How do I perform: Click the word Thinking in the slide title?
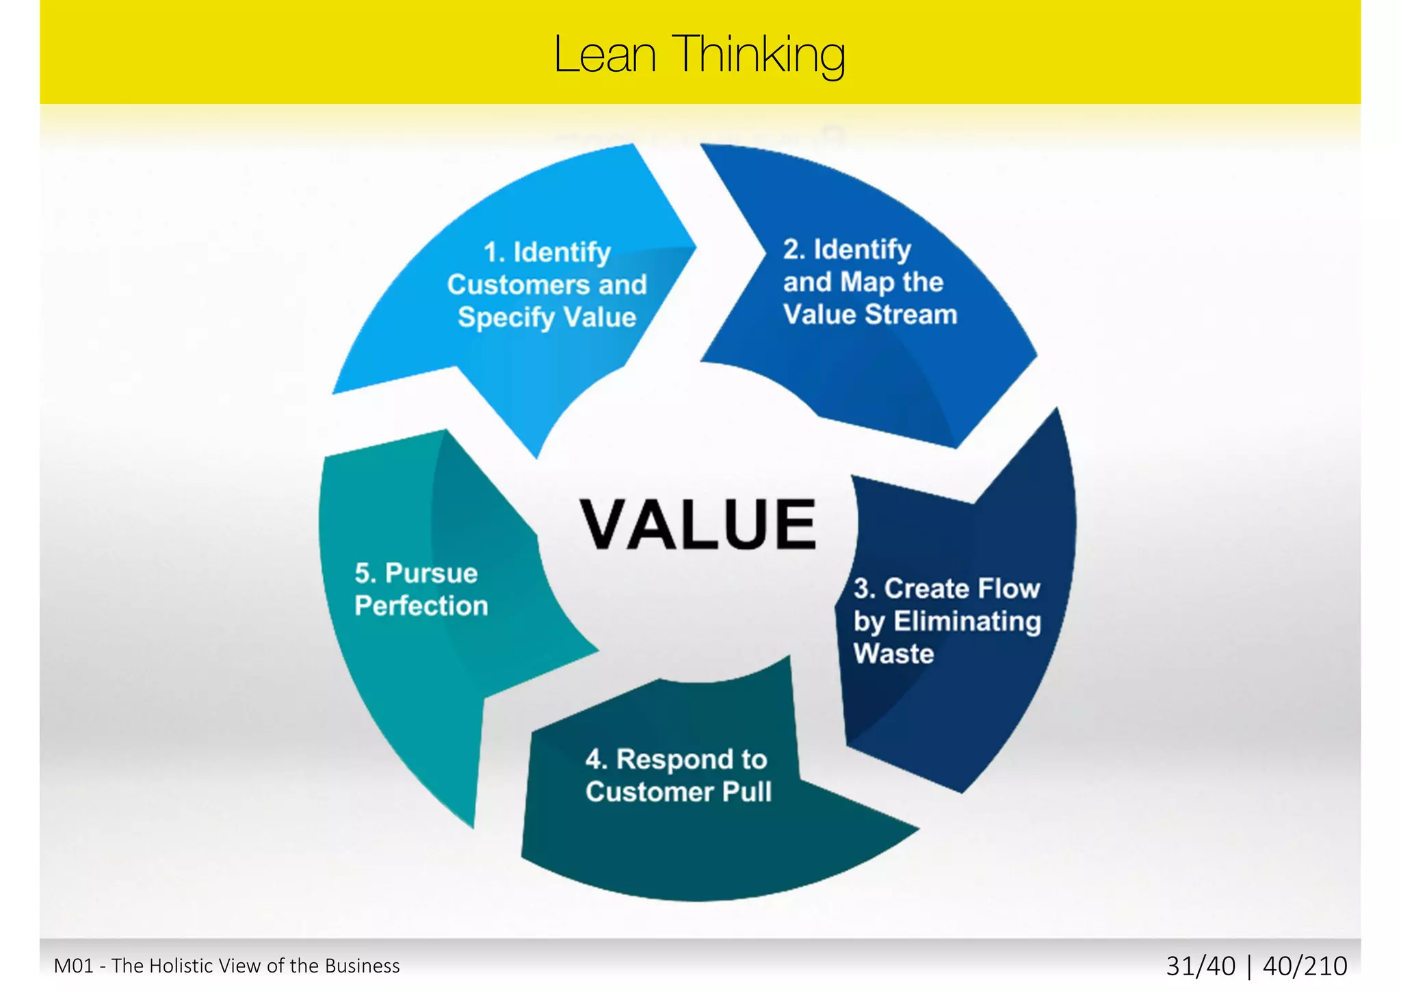coord(759,55)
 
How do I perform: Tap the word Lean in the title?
coord(605,55)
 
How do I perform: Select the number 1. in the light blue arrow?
coord(495,253)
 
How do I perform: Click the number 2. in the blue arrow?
coord(794,249)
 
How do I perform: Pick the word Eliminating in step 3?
coord(967,621)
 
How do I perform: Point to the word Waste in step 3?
coord(893,654)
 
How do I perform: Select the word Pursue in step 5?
coord(431,574)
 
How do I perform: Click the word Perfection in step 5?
coord(421,606)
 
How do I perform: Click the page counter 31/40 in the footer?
coord(1201,966)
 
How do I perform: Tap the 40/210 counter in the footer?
coord(1305,966)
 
